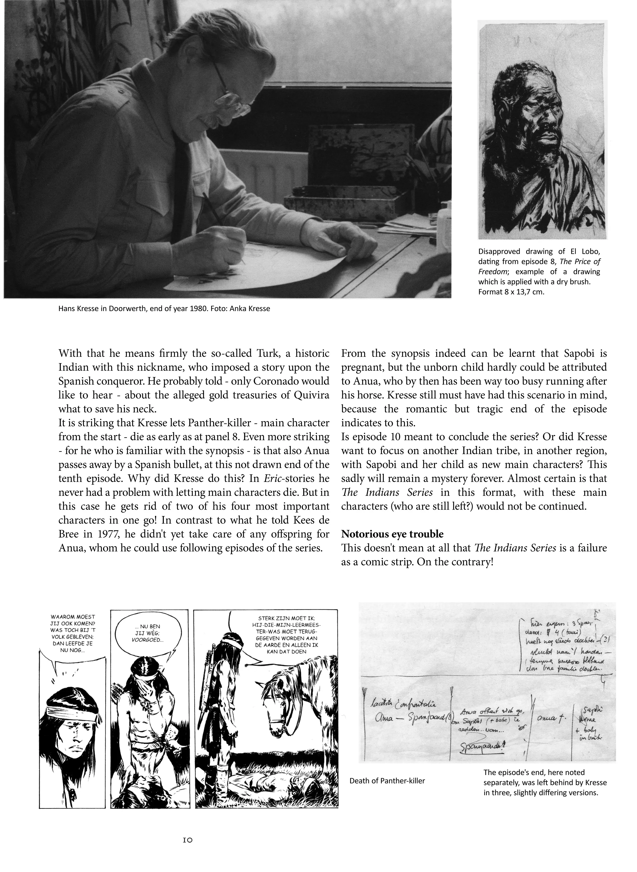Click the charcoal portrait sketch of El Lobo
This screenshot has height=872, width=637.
[541, 129]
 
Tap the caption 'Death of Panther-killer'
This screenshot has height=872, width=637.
[387, 781]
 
